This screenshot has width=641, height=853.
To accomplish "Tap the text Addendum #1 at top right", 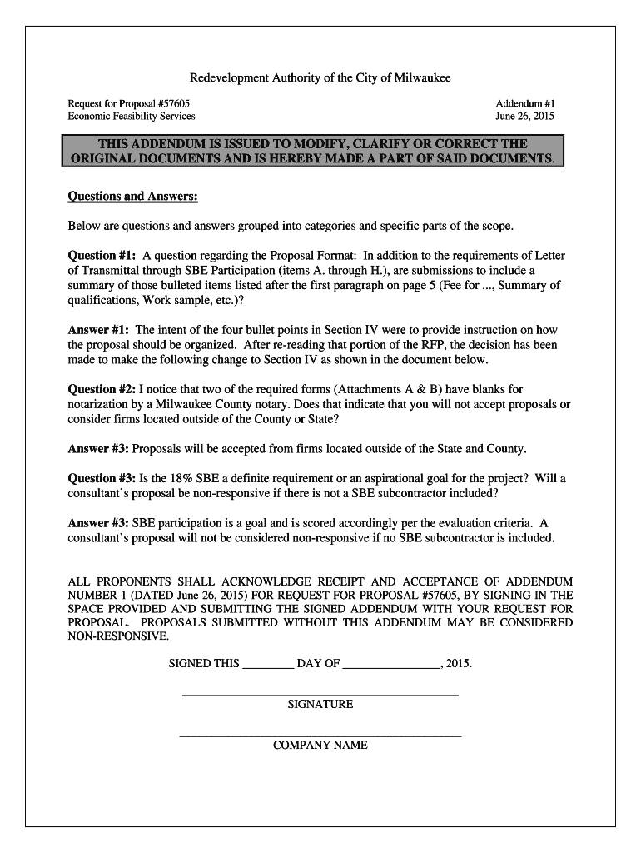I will click(x=525, y=102).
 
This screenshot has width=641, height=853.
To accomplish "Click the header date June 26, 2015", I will click(x=524, y=117).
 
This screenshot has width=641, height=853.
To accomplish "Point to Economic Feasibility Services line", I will click(x=132, y=117).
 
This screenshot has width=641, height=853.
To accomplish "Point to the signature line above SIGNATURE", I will click(x=320, y=694).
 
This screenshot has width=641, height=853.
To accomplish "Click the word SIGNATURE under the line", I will click(x=320, y=705).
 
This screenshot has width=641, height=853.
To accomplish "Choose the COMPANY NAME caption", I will click(x=320, y=746).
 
